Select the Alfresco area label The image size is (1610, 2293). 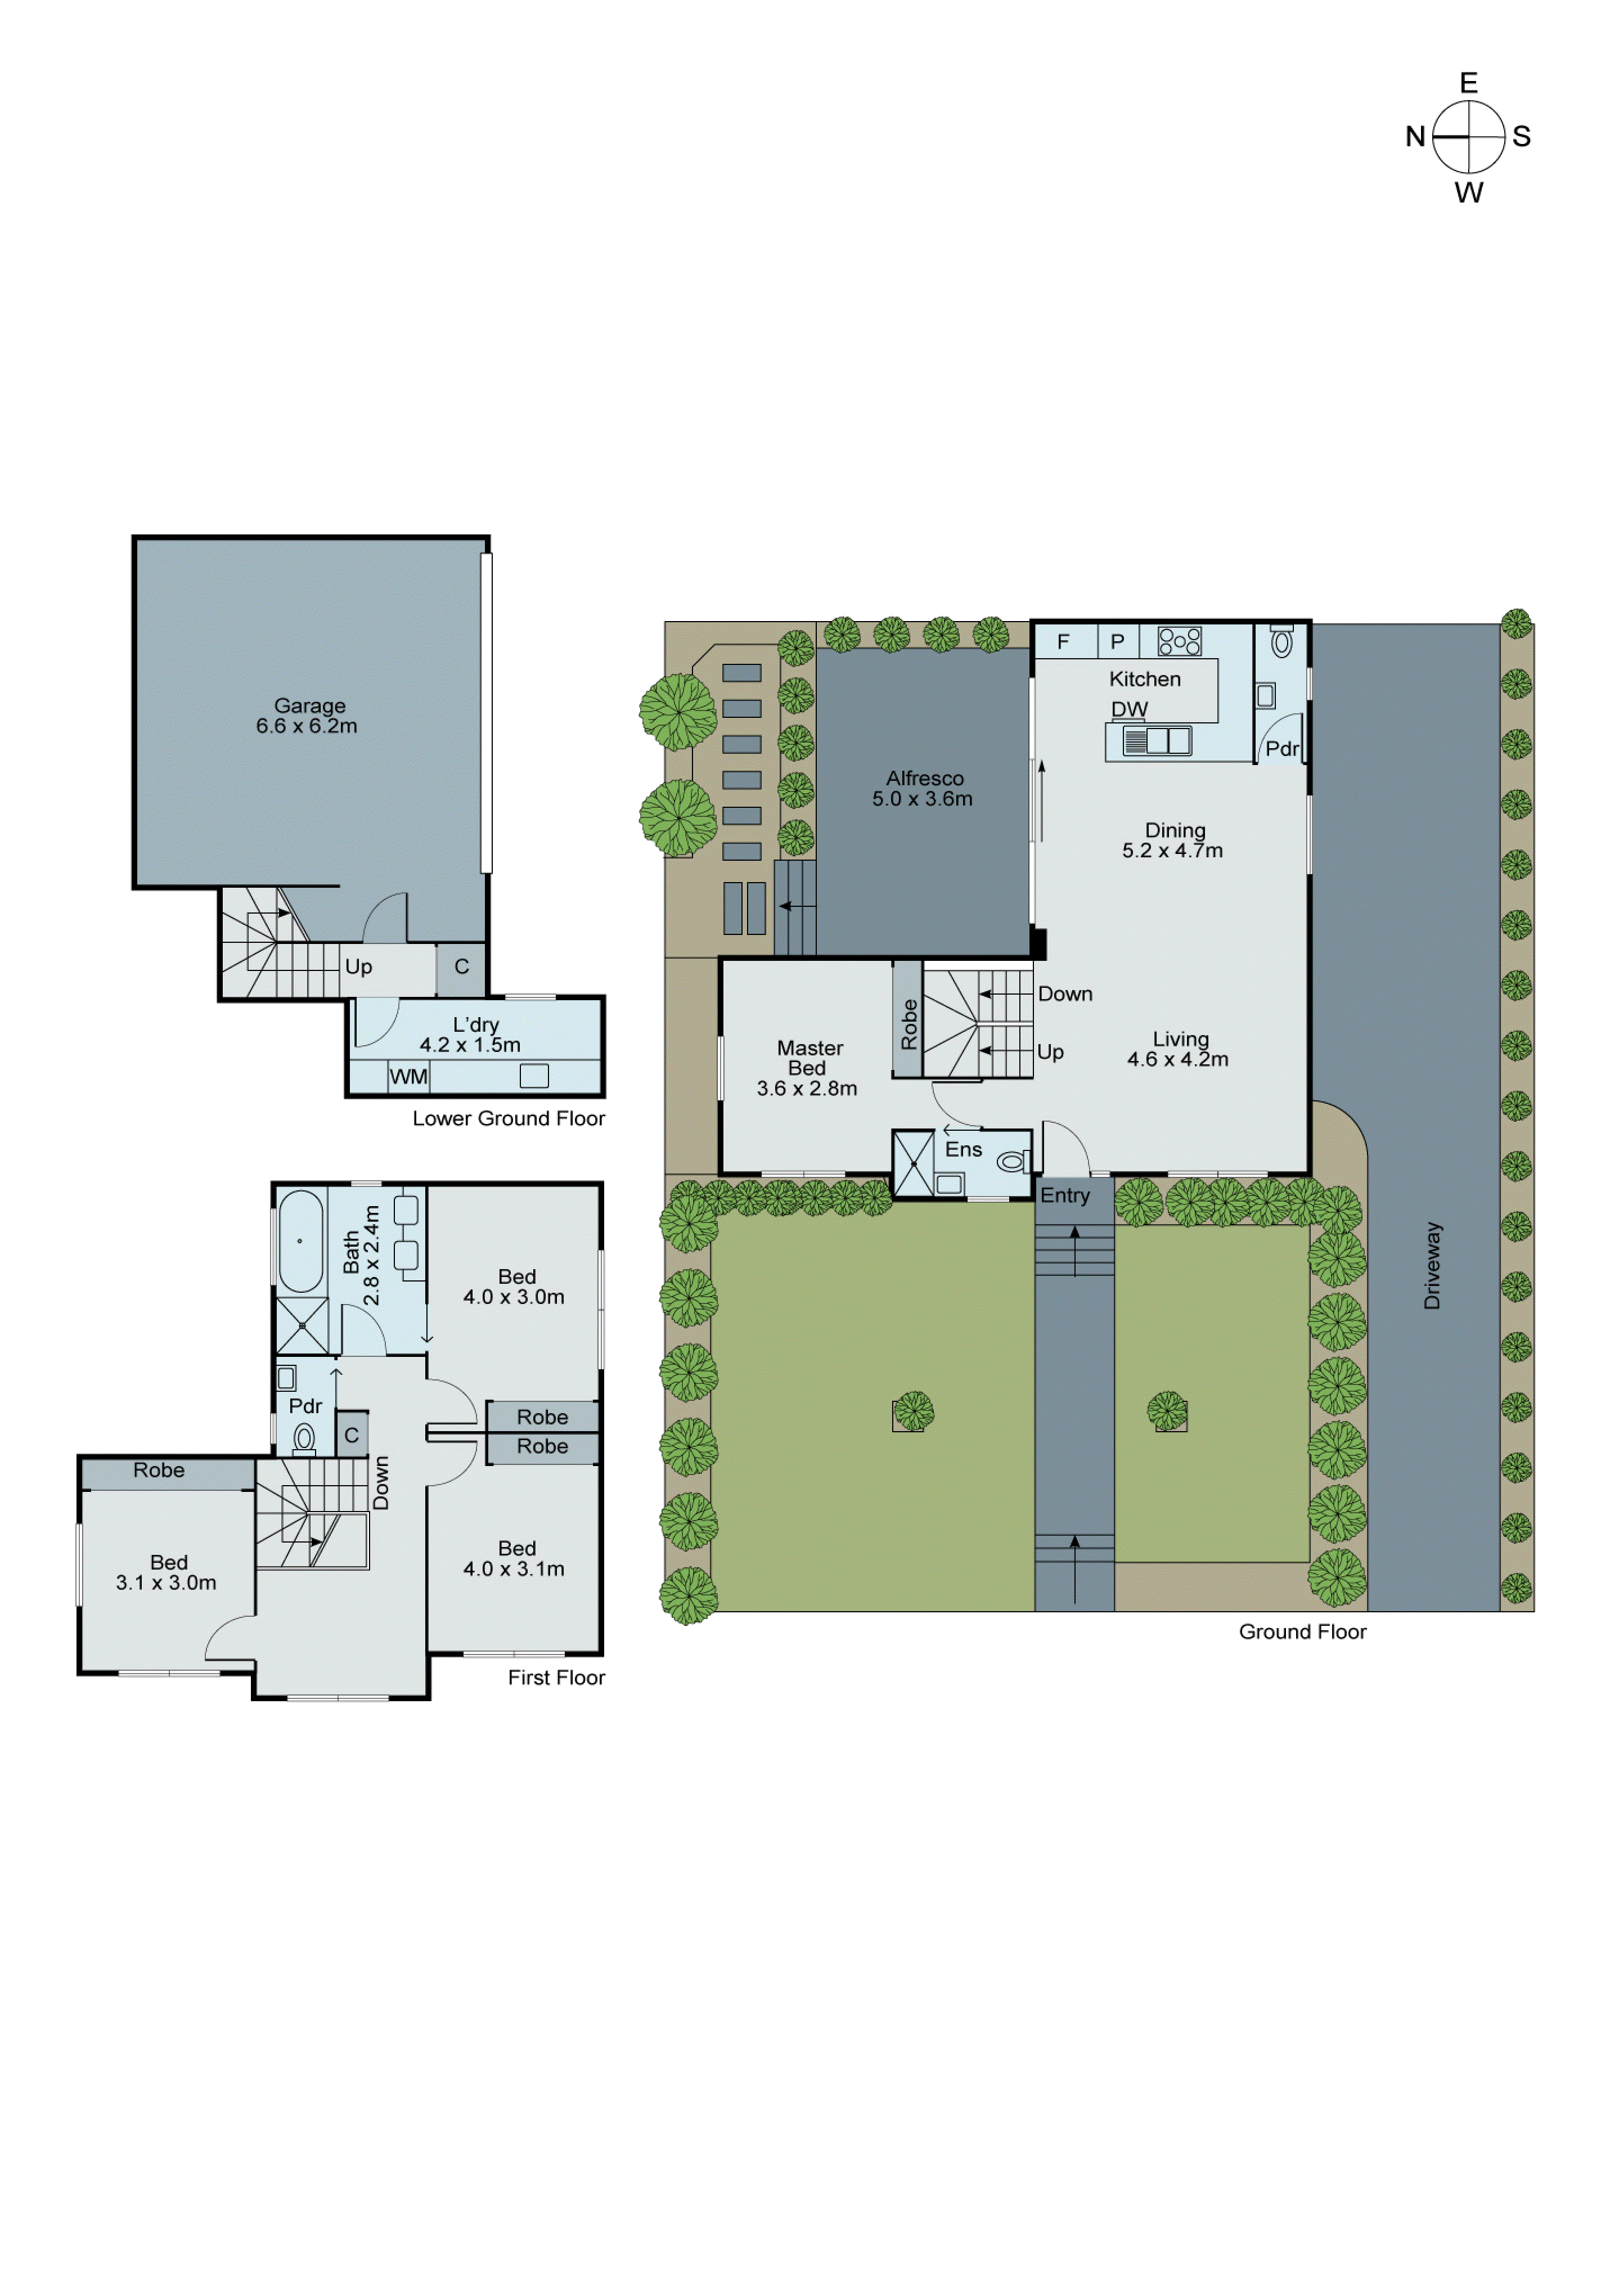(x=924, y=789)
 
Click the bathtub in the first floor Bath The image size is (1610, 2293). (x=300, y=1242)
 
